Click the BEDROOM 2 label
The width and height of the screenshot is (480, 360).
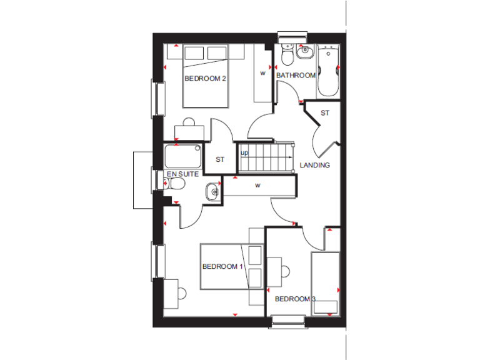204,79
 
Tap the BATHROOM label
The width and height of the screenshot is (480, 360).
296,76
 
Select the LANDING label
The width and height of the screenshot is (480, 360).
314,165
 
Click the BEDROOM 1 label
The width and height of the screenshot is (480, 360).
222,266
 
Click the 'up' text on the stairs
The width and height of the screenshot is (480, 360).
244,152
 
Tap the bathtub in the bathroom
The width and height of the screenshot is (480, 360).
327,71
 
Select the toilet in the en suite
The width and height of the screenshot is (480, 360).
174,184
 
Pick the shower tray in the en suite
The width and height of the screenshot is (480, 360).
182,155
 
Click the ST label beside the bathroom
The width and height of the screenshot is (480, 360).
325,113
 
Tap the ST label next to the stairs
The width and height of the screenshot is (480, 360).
220,159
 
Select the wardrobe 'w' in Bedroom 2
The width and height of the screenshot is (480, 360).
263,74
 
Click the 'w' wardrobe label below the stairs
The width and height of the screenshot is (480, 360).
257,186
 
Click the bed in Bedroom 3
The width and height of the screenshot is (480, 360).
325,281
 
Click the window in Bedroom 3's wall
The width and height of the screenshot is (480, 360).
288,322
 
